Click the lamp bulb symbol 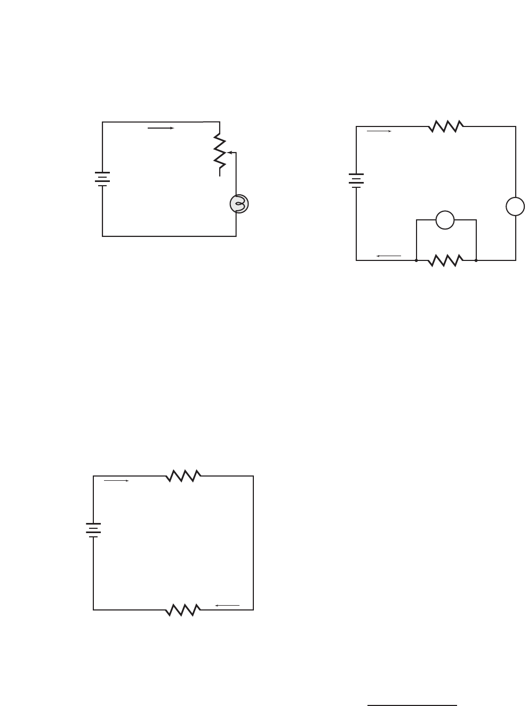pos(239,204)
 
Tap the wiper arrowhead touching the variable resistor pos(229,152)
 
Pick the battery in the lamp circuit pos(102,179)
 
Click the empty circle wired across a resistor pos(445,220)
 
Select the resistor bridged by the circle pos(445,260)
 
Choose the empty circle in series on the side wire pos(515,207)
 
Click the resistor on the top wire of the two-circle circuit pos(445,126)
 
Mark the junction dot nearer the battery pos(416,260)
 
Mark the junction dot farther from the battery pos(476,260)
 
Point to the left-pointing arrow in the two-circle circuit pos(388,256)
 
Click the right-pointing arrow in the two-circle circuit pos(379,131)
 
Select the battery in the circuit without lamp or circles pos(93,529)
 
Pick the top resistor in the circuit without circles pos(183,475)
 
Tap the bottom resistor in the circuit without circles pos(183,609)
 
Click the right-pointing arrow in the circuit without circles pos(116,481)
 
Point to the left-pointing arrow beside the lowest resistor pos(227,605)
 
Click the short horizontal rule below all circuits pos(412,705)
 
